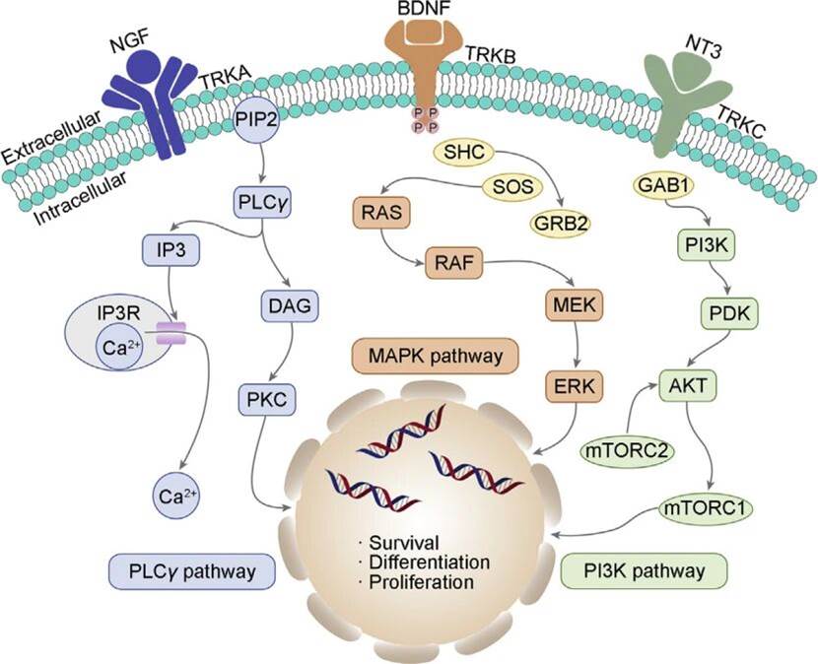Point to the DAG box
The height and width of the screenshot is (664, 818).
pos(285,308)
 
